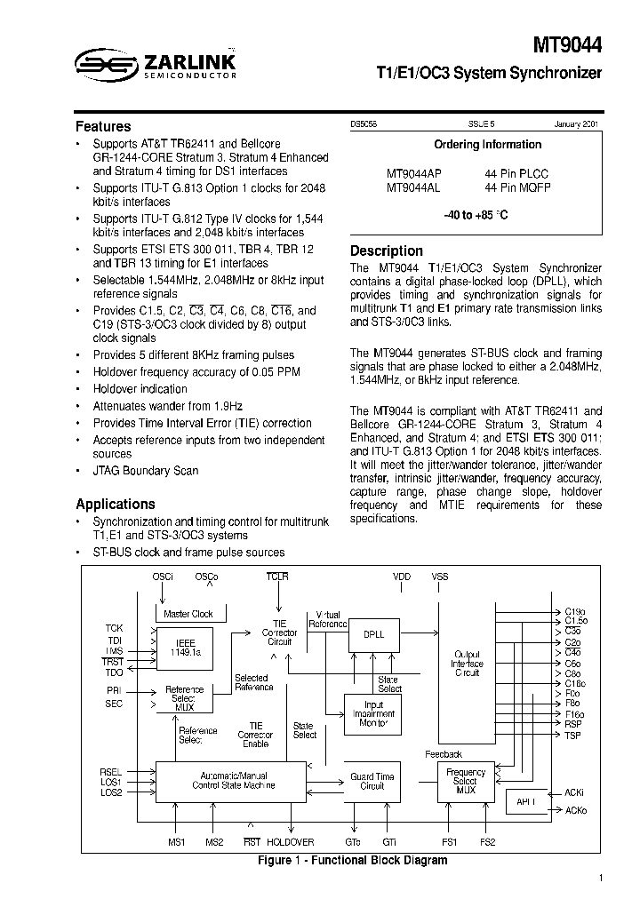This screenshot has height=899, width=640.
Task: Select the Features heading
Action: tap(103, 127)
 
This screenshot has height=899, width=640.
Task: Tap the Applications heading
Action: tap(116, 504)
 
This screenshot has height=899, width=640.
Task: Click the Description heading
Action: tap(386, 251)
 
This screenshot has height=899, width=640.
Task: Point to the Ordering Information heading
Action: tap(487, 145)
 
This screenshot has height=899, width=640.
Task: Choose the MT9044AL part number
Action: tap(412, 187)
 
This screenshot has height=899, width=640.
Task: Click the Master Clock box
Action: tap(188, 614)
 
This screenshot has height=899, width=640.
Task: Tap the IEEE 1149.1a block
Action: tap(188, 647)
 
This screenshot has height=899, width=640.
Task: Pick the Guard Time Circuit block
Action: tap(372, 781)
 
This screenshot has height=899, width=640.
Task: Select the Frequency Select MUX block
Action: tap(466, 781)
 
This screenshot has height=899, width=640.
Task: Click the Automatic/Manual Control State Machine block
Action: tap(230, 780)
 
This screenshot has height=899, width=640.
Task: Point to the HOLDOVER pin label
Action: tap(290, 842)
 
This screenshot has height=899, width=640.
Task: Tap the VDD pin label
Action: tap(402, 577)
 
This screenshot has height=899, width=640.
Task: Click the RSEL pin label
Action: tap(111, 772)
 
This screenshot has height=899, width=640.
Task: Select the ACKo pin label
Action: tap(575, 810)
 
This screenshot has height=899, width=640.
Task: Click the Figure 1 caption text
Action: tap(352, 860)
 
